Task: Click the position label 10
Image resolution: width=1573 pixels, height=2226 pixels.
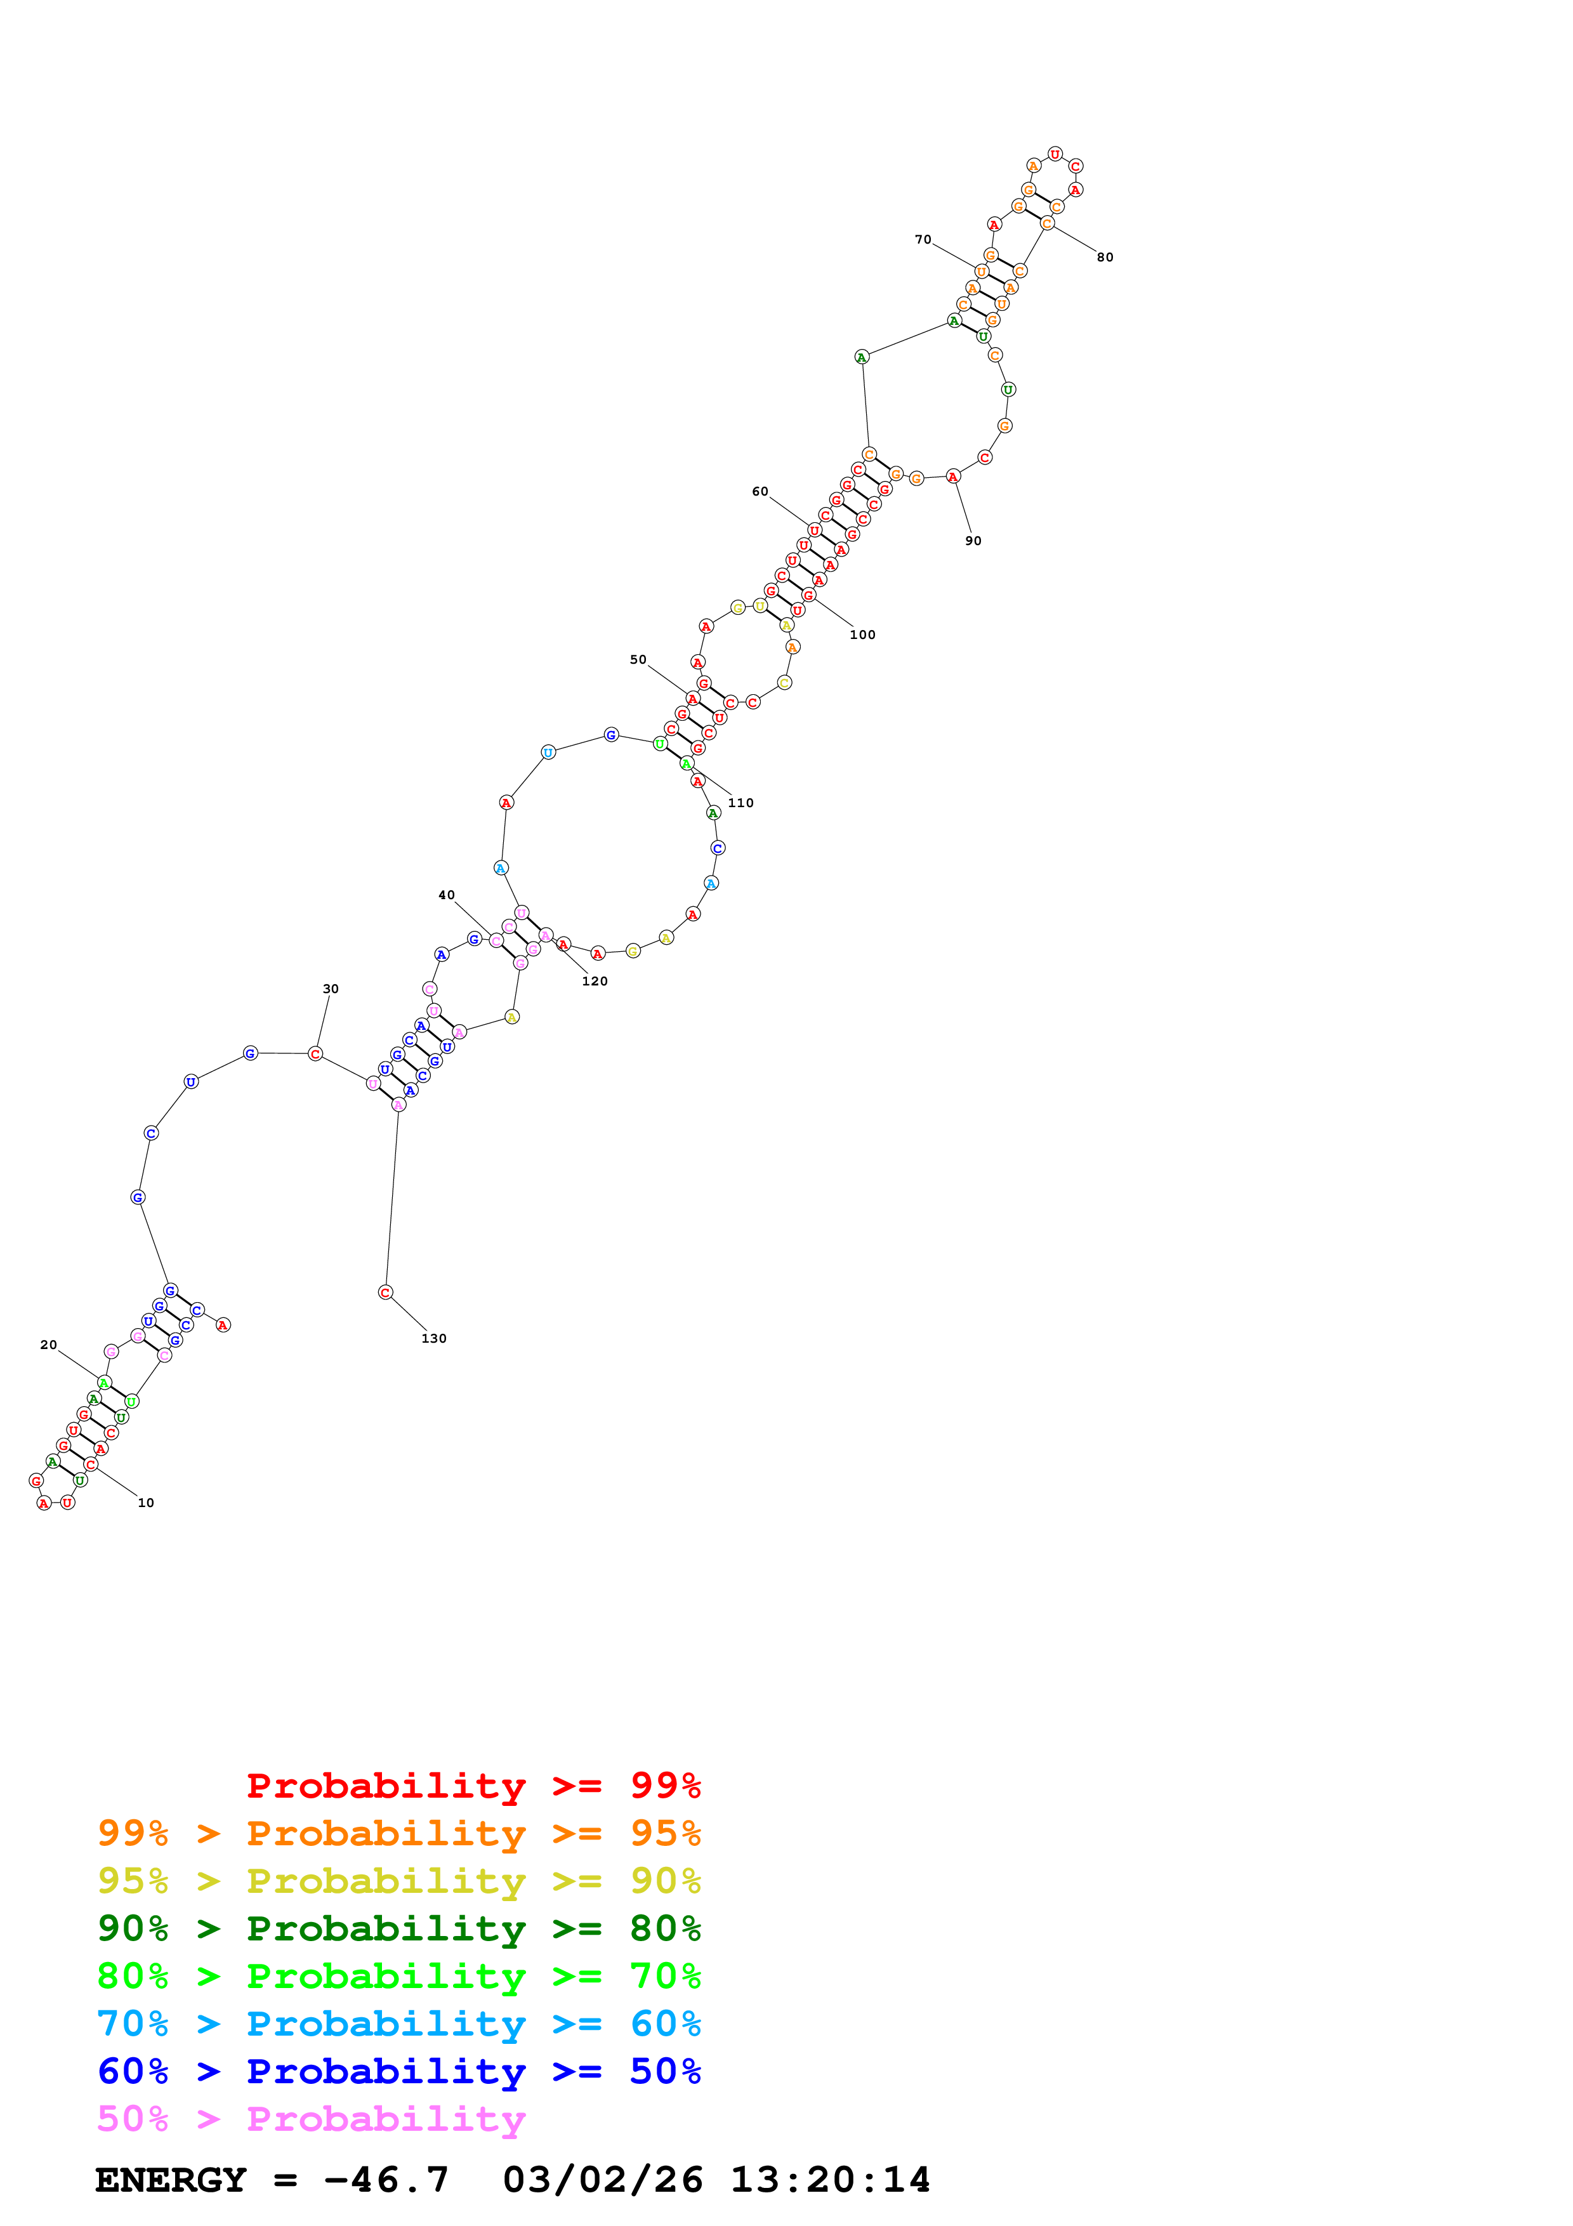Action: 145,1503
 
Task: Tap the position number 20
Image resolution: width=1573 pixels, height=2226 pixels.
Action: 48,1345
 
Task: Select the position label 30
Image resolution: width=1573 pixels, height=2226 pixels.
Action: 331,989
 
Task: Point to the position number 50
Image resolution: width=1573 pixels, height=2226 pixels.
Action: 638,659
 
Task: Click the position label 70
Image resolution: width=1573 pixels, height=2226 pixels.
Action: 923,239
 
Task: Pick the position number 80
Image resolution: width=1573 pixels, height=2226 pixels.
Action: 1105,257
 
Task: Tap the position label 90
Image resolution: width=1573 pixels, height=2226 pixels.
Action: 973,541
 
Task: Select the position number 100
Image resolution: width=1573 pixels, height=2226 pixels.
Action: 862,635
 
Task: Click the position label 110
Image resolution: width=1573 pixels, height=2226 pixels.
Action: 740,803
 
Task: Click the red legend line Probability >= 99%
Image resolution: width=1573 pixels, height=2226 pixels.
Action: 473,1785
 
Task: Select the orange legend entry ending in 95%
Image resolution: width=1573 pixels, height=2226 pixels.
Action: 398,1833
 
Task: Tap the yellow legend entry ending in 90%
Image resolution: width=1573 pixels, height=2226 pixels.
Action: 398,1880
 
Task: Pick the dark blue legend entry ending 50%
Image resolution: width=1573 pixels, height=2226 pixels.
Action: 398,2071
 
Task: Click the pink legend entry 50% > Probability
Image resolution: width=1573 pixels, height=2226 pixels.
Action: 311,2118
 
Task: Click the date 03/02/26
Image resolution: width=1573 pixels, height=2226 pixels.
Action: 603,2180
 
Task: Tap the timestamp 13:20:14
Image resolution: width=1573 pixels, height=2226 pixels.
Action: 829,2180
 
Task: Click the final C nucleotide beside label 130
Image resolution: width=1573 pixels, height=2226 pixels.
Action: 386,1293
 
